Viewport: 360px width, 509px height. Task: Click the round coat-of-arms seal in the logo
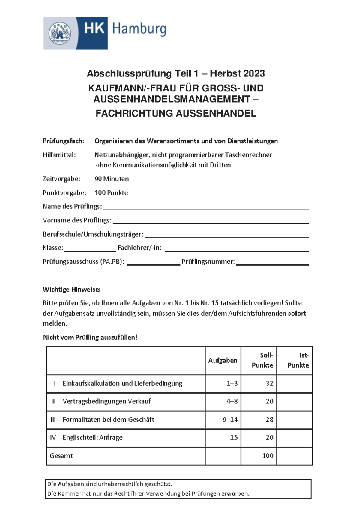point(60,33)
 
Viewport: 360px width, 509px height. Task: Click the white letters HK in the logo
point(94,29)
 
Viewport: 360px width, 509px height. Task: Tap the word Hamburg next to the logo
point(139,29)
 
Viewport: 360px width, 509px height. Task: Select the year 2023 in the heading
point(254,73)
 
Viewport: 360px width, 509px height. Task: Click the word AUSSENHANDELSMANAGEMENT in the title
point(172,99)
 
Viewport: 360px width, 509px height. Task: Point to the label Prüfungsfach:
point(63,141)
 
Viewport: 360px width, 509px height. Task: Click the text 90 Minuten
point(112,179)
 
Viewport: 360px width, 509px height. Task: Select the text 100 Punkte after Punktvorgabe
point(111,193)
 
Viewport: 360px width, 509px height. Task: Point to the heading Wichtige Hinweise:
point(71,290)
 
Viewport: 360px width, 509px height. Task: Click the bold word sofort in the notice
point(297,314)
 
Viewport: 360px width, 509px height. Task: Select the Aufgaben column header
point(223,361)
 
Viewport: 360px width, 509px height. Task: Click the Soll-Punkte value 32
point(269,383)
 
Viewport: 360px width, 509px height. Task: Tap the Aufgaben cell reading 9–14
point(230,420)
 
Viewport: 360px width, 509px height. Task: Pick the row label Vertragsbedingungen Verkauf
point(106,401)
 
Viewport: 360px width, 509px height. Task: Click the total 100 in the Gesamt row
point(268,456)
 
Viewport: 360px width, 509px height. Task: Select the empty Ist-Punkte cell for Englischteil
point(294,438)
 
